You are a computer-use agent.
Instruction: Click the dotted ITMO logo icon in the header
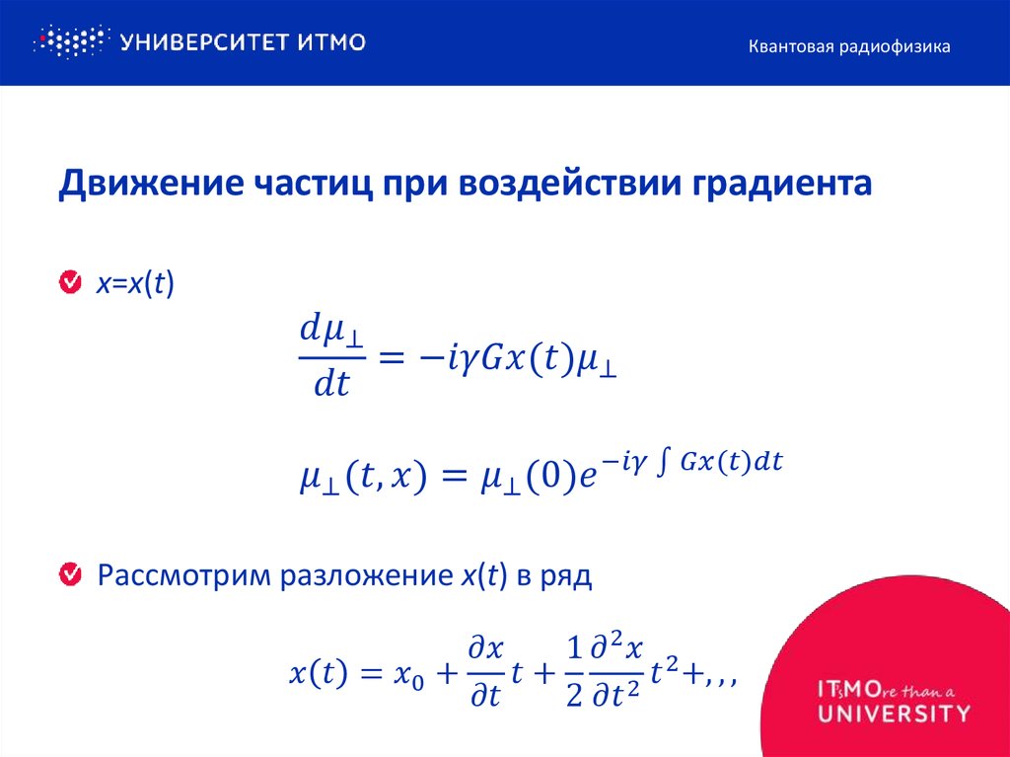[x=69, y=41]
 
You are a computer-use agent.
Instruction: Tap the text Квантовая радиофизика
[x=847, y=46]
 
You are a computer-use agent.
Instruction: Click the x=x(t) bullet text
[x=134, y=284]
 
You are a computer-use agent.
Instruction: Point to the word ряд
[x=564, y=575]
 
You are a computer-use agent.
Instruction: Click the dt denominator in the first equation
[x=331, y=384]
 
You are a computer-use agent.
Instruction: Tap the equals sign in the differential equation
[x=393, y=360]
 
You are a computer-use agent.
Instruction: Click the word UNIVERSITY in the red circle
[x=893, y=713]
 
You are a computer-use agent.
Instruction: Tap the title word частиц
[x=310, y=185]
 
